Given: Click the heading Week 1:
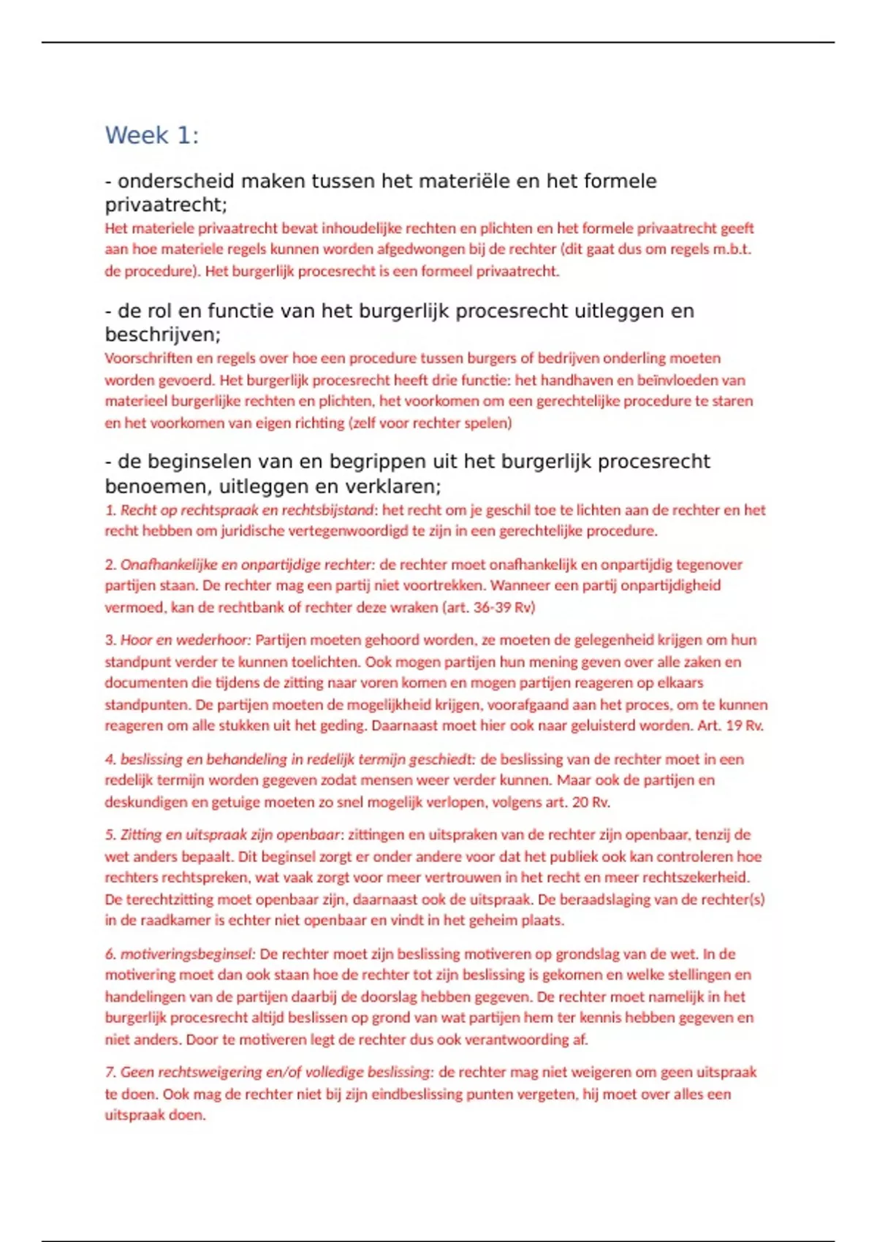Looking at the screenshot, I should point(151,135).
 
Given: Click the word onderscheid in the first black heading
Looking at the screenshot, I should point(176,181).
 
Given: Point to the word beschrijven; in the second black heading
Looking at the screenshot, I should point(162,335).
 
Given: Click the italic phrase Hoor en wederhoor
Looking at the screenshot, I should point(185,640).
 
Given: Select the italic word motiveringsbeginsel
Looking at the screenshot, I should point(187,954).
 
